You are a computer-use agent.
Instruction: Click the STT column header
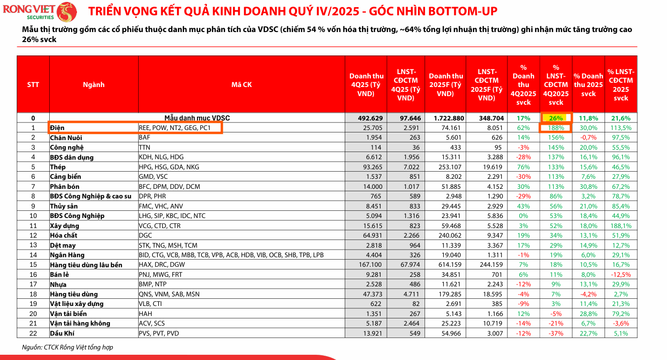point(33,85)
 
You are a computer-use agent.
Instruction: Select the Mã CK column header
point(241,85)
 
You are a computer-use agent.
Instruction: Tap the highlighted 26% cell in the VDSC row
point(556,118)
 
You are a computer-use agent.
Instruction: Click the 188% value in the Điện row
point(556,128)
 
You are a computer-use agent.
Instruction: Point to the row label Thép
point(58,167)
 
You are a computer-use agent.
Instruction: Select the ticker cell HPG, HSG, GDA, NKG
point(169,167)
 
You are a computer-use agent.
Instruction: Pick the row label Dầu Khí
point(62,333)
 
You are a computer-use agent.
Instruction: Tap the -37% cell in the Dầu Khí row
point(556,333)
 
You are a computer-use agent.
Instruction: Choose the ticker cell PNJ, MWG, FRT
point(161,274)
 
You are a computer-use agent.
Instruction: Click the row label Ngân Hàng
point(67,255)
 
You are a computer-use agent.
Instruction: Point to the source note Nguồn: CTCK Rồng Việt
point(67,348)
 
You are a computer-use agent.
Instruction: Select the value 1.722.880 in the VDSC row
point(445,118)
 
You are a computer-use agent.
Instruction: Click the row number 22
point(33,333)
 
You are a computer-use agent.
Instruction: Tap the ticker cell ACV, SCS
point(152,323)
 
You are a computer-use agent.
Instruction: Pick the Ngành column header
point(93,85)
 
